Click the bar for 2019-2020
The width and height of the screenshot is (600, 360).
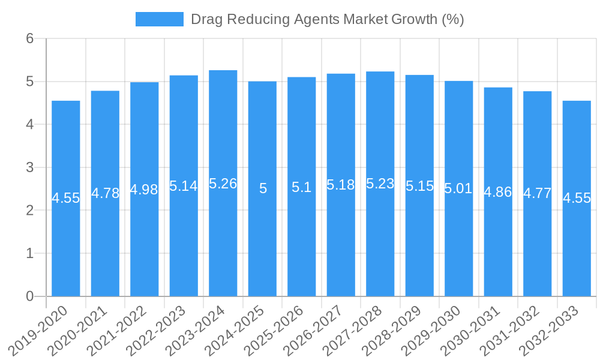66,240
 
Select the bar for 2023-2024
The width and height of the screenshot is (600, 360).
223,240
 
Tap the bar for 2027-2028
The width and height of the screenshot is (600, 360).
380,240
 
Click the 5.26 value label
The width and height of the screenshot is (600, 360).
223,184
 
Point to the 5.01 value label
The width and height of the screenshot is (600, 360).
458,189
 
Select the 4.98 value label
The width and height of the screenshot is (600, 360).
144,190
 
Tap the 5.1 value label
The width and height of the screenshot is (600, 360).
301,188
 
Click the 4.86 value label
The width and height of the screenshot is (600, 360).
498,193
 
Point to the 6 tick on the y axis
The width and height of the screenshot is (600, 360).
29,38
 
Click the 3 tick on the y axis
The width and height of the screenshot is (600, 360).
29,167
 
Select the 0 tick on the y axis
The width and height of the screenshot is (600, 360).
29,296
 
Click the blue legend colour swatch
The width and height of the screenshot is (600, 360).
160,19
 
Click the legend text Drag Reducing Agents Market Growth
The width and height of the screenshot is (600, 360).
327,19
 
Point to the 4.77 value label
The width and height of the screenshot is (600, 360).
537,194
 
